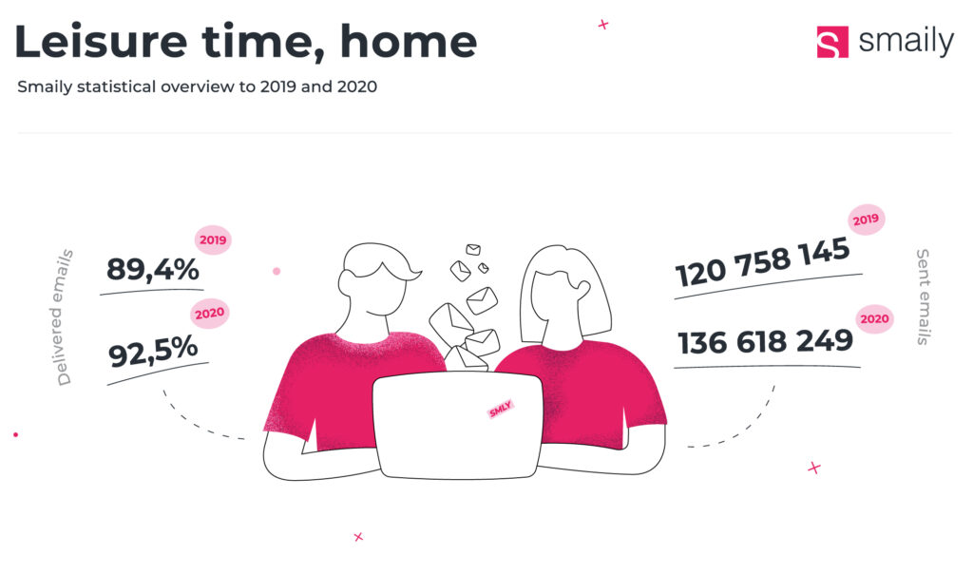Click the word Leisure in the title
(101, 42)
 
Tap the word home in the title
(409, 42)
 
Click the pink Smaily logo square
(832, 42)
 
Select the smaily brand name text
(906, 42)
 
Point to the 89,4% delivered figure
(153, 269)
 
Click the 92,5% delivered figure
(153, 352)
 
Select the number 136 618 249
(765, 342)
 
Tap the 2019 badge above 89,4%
(213, 240)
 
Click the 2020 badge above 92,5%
(210, 314)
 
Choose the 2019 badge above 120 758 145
(866, 219)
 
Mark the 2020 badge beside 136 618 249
(874, 319)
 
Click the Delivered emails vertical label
(64, 317)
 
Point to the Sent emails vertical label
(924, 297)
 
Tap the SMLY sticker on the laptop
(500, 409)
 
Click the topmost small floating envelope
(473, 249)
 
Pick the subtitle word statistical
(116, 86)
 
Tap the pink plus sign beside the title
(603, 25)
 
